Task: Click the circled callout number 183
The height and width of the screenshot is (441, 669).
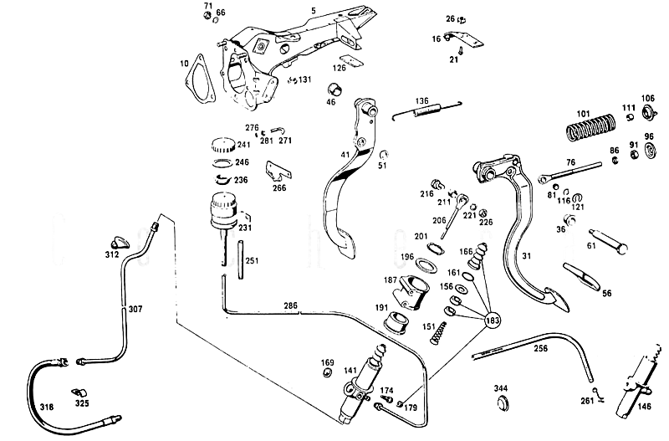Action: pos(492,320)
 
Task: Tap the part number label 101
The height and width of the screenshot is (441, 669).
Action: pos(583,114)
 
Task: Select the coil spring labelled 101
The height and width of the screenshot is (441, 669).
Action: pos(591,127)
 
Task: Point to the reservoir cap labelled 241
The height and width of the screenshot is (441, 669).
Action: pos(223,145)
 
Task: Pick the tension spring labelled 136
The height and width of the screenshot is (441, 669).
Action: pos(427,110)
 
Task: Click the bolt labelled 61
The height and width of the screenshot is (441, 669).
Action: pos(609,242)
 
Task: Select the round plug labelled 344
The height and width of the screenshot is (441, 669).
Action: pos(503,403)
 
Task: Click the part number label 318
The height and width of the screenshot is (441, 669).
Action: pos(47,407)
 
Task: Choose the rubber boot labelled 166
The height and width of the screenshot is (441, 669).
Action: pos(478,256)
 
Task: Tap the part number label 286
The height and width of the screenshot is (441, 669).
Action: pos(290,305)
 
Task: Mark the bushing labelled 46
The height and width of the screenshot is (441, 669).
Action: pos(335,90)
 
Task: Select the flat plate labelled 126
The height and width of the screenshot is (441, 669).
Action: pos(351,60)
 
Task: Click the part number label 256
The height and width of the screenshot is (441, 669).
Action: pos(540,348)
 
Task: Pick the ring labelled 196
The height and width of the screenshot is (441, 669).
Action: pos(427,266)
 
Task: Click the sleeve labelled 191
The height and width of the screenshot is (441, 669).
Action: pos(396,322)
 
